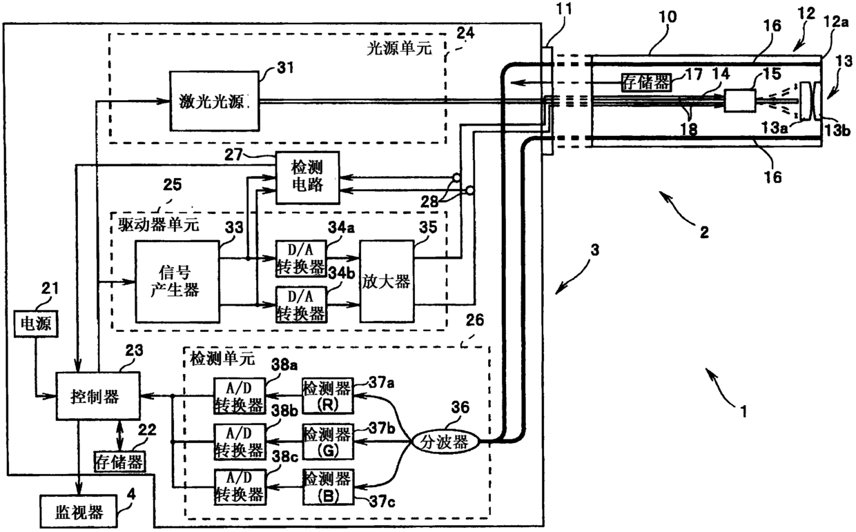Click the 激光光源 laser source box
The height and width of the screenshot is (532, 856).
pyautogui.click(x=214, y=101)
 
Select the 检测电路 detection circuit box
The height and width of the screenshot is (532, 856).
pyautogui.click(x=308, y=177)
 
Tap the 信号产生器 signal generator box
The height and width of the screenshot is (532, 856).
pyautogui.click(x=177, y=282)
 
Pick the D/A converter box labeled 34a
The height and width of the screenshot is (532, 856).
pyautogui.click(x=301, y=259)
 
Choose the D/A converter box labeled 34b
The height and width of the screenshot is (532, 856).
pyautogui.click(x=301, y=304)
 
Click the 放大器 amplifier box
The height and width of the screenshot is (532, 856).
pyautogui.click(x=387, y=282)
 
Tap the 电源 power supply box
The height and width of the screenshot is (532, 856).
pyautogui.click(x=36, y=324)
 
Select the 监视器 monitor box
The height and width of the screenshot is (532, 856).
pyautogui.click(x=78, y=512)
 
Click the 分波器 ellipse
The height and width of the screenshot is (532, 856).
pyautogui.click(x=445, y=442)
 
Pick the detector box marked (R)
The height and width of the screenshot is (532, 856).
pyautogui.click(x=327, y=396)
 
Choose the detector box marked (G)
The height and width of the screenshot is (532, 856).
pyautogui.click(x=327, y=442)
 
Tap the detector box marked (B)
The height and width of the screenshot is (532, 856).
pyautogui.click(x=327, y=487)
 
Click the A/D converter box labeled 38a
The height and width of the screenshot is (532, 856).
pyautogui.click(x=240, y=396)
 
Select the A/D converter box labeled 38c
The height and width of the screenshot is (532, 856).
pyautogui.click(x=240, y=487)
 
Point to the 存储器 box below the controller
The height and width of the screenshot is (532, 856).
pyautogui.click(x=119, y=462)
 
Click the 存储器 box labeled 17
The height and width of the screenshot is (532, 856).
pyautogui.click(x=646, y=81)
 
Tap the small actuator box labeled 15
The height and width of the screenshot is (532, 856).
pyautogui.click(x=740, y=101)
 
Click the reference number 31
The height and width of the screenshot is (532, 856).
pyautogui.click(x=286, y=68)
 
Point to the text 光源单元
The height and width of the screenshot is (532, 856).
pyautogui.click(x=399, y=48)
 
